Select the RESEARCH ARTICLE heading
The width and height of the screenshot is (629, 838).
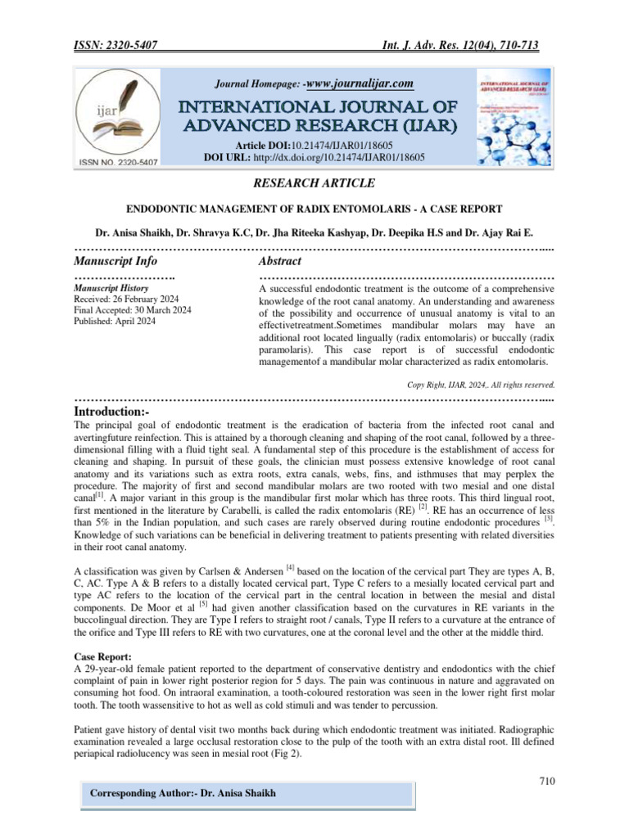point(314,182)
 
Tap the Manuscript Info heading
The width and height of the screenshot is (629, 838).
point(115,261)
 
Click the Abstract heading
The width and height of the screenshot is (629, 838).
point(279,261)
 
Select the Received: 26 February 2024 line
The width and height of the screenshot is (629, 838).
point(129,299)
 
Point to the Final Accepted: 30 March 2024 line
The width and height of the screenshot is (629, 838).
point(133,310)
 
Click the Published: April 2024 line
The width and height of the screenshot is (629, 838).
point(115,322)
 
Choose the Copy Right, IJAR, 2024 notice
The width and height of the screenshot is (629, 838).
point(482,383)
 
